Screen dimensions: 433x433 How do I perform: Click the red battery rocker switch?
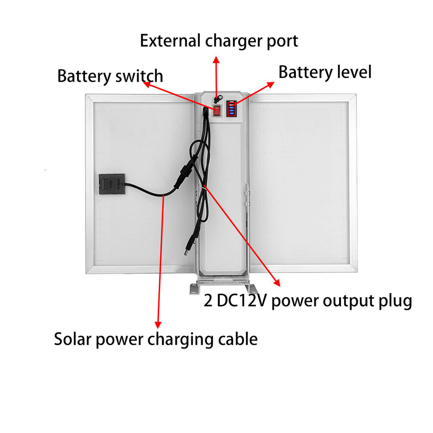(x=217, y=111)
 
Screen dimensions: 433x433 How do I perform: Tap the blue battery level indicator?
(x=232, y=109)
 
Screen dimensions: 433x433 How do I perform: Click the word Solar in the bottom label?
(x=74, y=339)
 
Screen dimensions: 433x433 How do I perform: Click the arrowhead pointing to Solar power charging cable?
(x=158, y=324)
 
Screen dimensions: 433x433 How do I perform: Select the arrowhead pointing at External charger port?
(x=216, y=60)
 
